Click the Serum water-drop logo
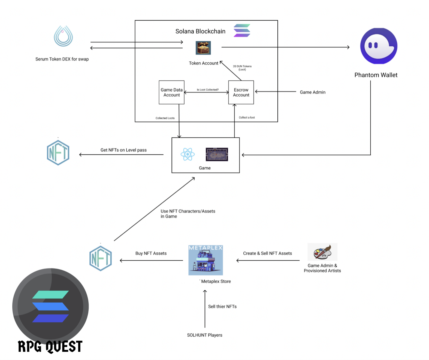pos(63,36)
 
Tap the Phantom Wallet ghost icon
pos(379,46)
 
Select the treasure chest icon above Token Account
pos(203,48)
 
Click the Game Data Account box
pos(171,92)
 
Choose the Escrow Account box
pos(241,92)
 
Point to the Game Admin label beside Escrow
pos(312,92)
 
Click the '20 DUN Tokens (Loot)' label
pos(242,68)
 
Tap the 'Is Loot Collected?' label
pos(208,90)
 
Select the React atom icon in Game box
pos(188,154)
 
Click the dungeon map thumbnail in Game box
pos(217,154)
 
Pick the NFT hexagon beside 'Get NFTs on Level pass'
pos(58,153)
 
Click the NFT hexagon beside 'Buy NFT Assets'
pos(101,258)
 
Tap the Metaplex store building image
pos(206,260)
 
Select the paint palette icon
pos(322,252)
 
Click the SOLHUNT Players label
pos(204,335)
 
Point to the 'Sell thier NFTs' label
pos(222,306)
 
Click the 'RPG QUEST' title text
pos(50,346)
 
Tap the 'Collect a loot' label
pos(247,117)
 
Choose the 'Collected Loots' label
pos(165,118)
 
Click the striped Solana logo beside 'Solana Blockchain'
pos(242,30)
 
